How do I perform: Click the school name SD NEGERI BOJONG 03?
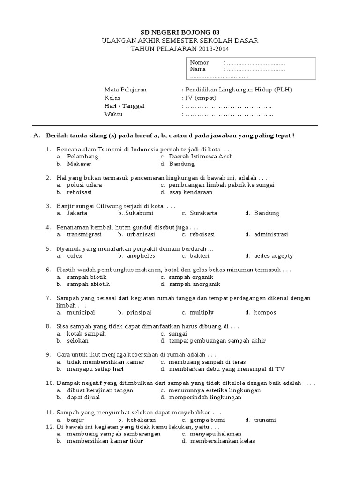point(180,32)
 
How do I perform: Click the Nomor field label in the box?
point(200,62)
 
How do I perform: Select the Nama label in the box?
point(198,69)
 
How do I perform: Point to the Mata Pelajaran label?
point(125,89)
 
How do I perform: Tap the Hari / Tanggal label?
point(124,106)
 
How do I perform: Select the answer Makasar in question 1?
point(79,164)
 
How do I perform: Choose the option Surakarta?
point(203,213)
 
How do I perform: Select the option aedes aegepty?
point(273,256)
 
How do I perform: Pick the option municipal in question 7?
point(81,312)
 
